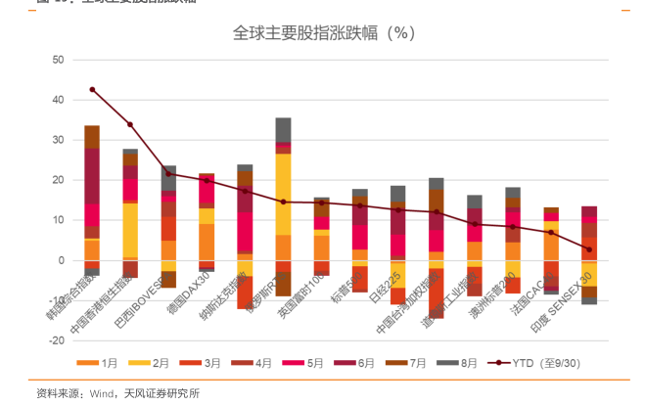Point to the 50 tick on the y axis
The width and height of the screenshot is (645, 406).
pyautogui.click(x=58, y=60)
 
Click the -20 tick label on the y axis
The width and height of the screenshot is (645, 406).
pyautogui.click(x=56, y=341)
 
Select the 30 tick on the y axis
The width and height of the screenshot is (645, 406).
pyautogui.click(x=58, y=140)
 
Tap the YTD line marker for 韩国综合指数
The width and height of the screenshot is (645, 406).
pyautogui.click(x=92, y=90)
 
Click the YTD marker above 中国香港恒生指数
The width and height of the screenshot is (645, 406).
pyautogui.click(x=130, y=124)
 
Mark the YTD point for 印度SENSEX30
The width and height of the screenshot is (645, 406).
pyautogui.click(x=589, y=249)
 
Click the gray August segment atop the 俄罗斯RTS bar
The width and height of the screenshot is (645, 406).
pyautogui.click(x=283, y=129)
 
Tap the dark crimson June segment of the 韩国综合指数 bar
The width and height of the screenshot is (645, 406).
pyautogui.click(x=92, y=176)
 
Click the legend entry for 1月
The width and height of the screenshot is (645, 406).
pyautogui.click(x=100, y=362)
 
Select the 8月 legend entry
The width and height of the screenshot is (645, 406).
pyautogui.click(x=462, y=362)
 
